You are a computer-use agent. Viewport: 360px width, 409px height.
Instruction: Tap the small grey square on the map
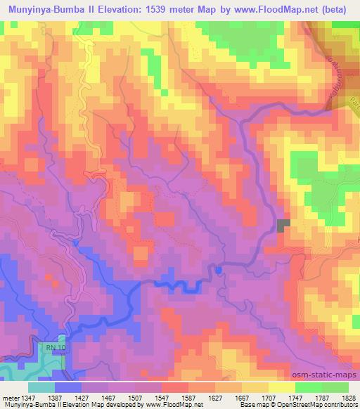(283, 225)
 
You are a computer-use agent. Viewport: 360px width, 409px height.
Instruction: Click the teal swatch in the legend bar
(41, 387)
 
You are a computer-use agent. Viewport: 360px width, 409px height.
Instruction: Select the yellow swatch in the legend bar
(281, 387)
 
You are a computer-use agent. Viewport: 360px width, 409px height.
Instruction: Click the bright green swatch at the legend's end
(335, 387)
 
